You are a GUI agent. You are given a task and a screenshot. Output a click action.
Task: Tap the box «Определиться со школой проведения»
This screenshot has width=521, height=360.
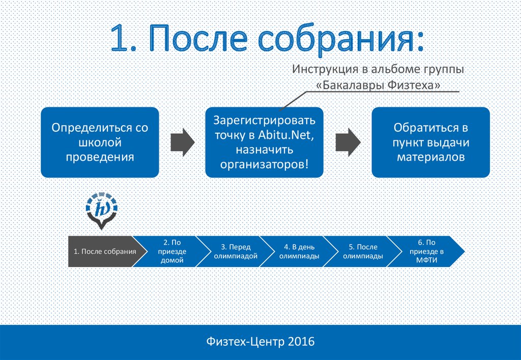pos(100,142)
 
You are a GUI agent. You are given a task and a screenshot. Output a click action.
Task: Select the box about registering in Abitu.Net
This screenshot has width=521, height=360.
pos(264,142)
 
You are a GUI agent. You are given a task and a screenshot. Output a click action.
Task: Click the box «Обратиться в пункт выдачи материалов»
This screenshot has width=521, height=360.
pos(430,142)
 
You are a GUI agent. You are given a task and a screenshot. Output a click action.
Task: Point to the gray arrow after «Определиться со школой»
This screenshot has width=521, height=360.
pos(183,142)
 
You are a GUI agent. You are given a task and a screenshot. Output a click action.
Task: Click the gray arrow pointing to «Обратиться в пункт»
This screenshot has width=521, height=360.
pos(348,142)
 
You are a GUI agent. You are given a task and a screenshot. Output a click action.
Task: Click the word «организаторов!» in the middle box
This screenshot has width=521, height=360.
pos(264,164)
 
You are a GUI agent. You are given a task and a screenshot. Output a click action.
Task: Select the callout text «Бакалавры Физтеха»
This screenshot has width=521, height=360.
pos(378,85)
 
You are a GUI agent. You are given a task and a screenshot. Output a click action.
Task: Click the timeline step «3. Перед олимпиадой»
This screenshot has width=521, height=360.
pos(236,251)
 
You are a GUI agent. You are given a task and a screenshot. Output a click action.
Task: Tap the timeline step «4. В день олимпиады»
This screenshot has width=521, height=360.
pos(299,251)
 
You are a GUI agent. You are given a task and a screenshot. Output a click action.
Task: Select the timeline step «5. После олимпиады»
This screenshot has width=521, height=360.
pos(363,251)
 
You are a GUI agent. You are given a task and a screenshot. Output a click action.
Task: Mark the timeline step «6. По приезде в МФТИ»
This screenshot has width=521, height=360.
pos(426,251)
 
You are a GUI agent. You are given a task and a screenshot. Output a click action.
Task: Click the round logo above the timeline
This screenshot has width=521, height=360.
pos(101,211)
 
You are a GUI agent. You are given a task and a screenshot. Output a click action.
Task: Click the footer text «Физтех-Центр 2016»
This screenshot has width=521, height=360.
pos(260,341)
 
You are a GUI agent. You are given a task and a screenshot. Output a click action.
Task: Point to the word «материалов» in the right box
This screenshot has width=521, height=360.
pos(430,157)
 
